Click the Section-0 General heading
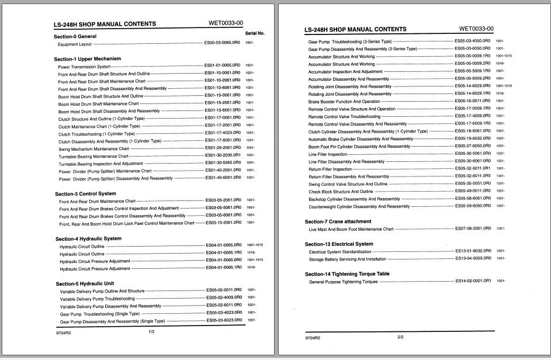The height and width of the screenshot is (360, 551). (75, 36)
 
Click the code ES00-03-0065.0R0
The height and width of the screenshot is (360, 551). (221, 43)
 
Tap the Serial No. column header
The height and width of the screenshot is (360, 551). (255, 33)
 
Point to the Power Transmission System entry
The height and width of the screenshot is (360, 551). (84, 67)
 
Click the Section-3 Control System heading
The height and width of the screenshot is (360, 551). (85, 193)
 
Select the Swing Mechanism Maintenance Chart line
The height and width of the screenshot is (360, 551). (93, 149)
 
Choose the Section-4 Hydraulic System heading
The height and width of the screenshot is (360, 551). (88, 238)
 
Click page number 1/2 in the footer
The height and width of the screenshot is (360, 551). (151, 332)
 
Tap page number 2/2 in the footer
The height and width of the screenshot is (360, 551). (400, 337)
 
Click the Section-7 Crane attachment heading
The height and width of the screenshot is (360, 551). (338, 221)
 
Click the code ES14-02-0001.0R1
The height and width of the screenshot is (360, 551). (473, 281)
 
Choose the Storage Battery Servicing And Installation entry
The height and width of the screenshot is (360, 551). (347, 259)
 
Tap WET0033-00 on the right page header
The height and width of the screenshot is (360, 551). (476, 29)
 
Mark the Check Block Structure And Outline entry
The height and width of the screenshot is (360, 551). (341, 191)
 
